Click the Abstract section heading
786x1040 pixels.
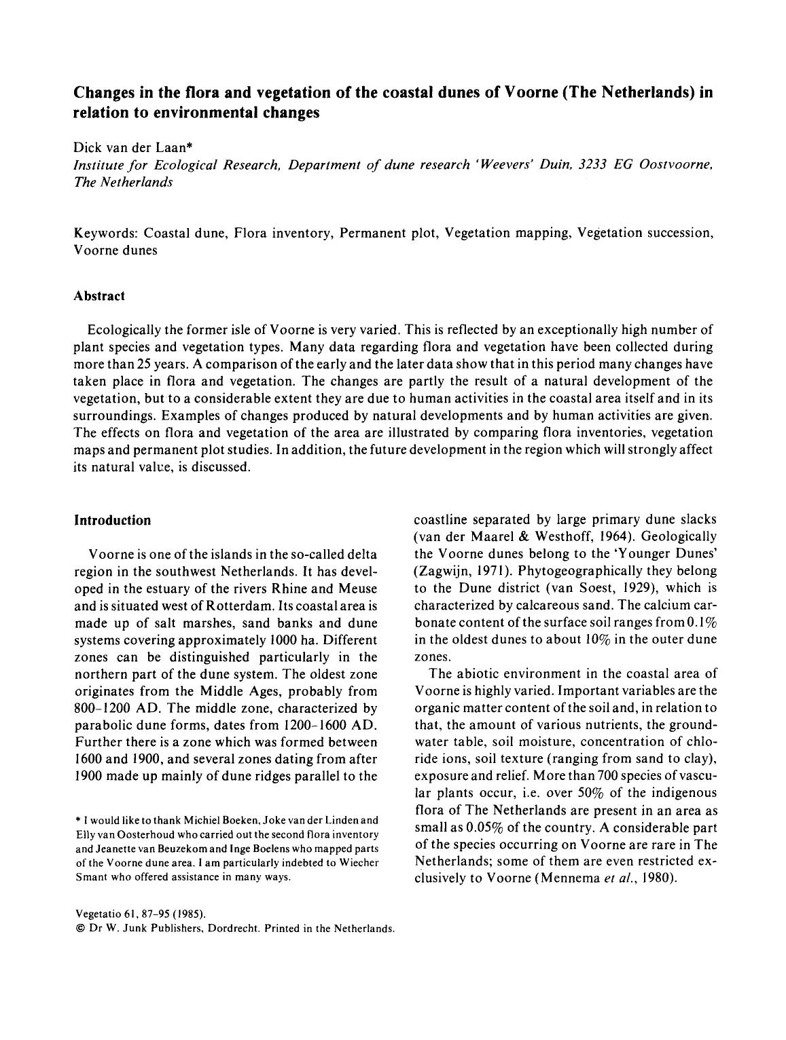coord(99,296)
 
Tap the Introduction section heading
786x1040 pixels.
coord(112,520)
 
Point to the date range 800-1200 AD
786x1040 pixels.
coord(120,708)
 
